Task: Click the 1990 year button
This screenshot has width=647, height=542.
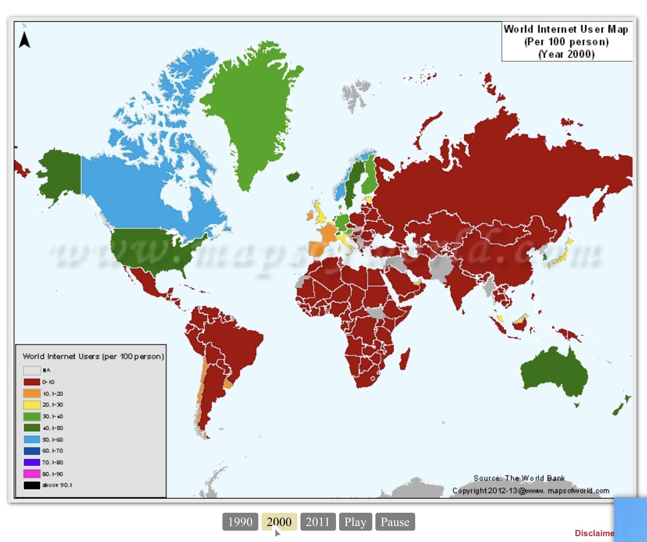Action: [240, 522]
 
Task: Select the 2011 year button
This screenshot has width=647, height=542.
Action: [318, 522]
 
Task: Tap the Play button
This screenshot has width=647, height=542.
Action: [355, 522]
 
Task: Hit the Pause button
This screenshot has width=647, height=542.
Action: [395, 522]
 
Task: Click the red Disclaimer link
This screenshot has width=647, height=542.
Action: [594, 533]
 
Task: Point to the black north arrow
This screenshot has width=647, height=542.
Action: [25, 39]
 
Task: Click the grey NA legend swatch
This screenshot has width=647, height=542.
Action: [32, 370]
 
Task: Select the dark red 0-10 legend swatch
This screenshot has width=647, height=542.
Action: [32, 382]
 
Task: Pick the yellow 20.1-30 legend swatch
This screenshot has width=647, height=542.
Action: [32, 405]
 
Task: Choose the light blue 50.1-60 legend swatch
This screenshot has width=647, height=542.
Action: [32, 439]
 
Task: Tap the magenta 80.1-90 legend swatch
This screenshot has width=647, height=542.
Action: [32, 474]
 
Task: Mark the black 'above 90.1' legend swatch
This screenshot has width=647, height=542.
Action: [32, 485]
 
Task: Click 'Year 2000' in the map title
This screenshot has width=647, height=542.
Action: [567, 54]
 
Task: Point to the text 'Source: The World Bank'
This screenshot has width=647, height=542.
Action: [519, 478]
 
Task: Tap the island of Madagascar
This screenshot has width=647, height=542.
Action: [405, 358]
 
